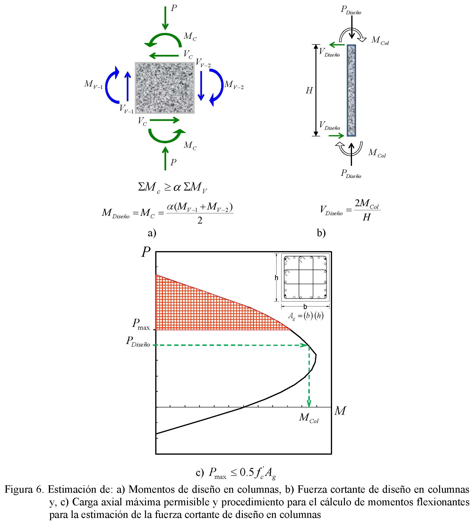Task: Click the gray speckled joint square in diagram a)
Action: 164,88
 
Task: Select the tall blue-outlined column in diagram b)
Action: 351,90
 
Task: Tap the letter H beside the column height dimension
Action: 309,91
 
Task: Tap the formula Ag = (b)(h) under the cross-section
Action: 305,316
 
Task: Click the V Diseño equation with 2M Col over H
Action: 350,210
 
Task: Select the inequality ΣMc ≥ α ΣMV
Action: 173,187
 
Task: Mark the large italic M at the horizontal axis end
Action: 340,411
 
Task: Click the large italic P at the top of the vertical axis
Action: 146,252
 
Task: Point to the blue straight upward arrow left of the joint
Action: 127,86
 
